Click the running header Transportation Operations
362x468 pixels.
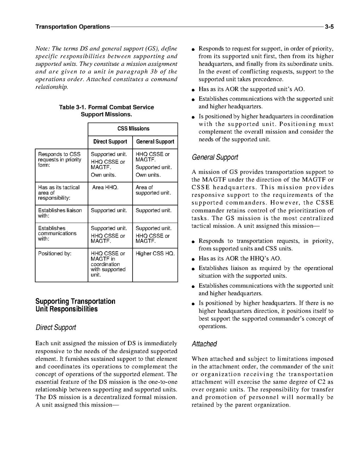[72, 27]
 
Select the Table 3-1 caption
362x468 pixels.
[106, 111]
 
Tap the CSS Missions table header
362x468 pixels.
[133, 129]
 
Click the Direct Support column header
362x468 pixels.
[110, 142]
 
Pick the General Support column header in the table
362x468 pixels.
[155, 142]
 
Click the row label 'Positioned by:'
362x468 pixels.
[55, 254]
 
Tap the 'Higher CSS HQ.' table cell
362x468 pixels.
[155, 254]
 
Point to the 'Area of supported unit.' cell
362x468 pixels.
[153, 190]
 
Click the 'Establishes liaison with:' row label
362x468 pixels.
[60, 213]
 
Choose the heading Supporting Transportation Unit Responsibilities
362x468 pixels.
[75, 305]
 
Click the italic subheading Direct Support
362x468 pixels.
[56, 327]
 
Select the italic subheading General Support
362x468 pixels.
[215, 157]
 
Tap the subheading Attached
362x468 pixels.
[204, 344]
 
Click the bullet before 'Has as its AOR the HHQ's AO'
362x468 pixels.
[194, 259]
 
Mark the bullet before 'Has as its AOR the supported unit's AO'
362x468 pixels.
[194, 90]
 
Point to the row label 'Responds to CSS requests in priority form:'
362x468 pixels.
[59, 159]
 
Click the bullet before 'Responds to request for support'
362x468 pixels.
[194, 49]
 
